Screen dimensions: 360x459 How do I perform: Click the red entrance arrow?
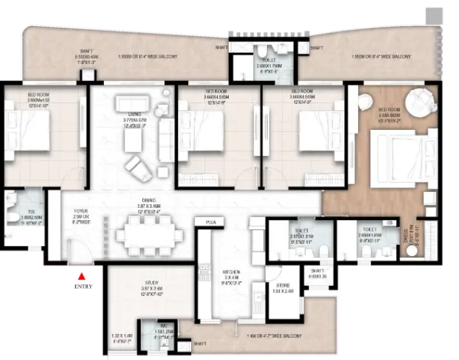click(x=79, y=276)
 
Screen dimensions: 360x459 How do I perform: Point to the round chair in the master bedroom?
click(x=420, y=100)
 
